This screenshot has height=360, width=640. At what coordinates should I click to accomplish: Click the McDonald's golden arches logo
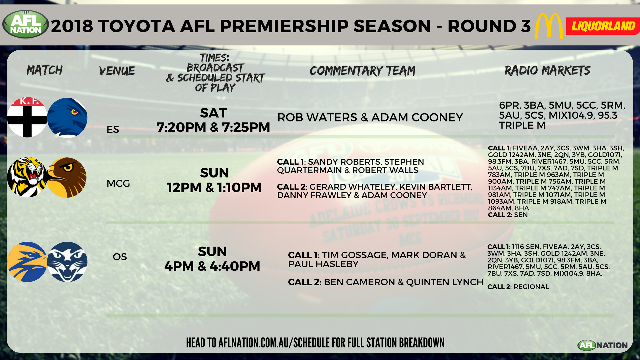coord(549,26)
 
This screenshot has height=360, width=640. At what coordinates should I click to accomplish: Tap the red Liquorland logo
coord(603,26)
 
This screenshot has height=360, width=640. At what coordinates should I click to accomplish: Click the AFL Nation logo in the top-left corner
coord(26,24)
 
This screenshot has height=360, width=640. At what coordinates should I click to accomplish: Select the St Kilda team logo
coord(27,117)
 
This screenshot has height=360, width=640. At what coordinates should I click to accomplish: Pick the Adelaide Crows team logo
coord(67,118)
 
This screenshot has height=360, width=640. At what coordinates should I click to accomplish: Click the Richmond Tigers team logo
coord(27,177)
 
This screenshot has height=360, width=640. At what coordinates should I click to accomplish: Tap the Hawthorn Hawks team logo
coord(67,178)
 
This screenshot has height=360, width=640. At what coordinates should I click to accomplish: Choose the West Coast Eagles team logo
coord(27,262)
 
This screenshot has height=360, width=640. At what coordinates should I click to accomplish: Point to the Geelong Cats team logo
coord(67,262)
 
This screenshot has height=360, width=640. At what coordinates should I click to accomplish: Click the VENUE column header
coord(117,71)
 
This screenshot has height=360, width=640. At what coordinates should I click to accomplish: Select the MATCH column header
coord(45,70)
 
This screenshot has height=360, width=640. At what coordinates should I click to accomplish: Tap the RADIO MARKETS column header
coord(547,71)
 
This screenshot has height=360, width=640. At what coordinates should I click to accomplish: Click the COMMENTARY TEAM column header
coord(363,71)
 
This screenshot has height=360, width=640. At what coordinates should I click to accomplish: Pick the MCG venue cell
coord(118,184)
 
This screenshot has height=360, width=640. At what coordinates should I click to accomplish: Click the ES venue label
coord(113,129)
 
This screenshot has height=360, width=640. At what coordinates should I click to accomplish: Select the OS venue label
coord(120,257)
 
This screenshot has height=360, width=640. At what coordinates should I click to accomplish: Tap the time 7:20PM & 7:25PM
coord(213,127)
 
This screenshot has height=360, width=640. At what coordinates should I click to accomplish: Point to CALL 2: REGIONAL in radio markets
coord(518,287)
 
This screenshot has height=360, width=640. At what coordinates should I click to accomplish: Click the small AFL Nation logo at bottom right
coord(603,345)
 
